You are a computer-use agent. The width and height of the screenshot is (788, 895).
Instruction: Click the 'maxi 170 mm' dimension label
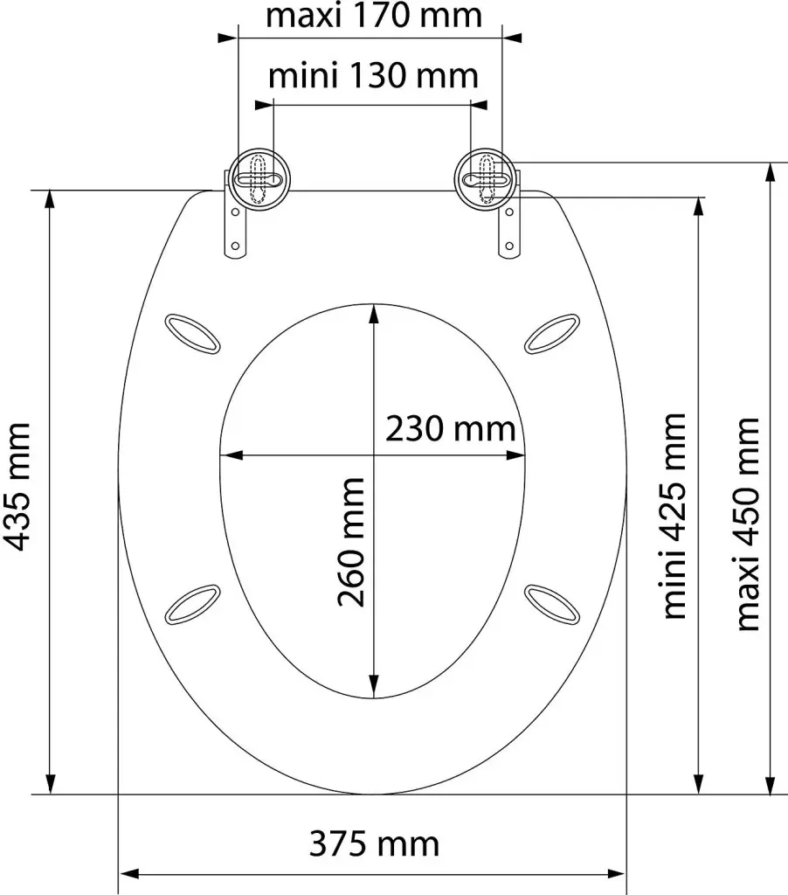[374, 16]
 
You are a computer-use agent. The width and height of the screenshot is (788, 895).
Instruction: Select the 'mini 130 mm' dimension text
[373, 76]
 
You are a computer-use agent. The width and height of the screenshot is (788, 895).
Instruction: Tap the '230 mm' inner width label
[450, 429]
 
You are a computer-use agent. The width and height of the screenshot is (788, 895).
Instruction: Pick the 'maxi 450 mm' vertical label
[748, 524]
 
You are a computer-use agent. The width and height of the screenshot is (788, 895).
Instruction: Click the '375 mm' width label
[374, 843]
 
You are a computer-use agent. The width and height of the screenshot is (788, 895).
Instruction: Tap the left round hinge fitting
[259, 178]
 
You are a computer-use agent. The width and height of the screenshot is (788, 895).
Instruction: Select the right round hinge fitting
[486, 178]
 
